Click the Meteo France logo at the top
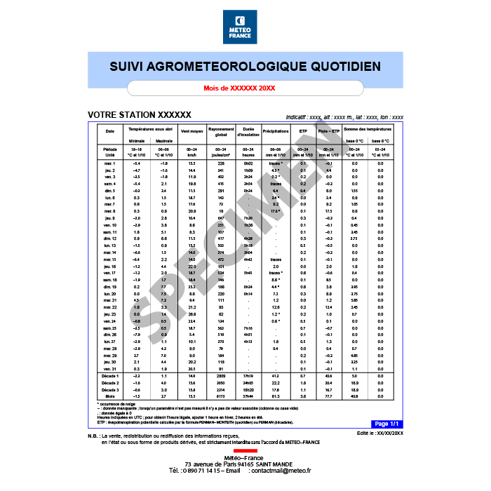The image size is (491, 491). (x=245, y=27)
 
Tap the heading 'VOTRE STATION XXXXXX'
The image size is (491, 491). (x=139, y=114)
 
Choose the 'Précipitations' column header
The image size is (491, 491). (x=276, y=131)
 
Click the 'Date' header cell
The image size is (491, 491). (x=109, y=131)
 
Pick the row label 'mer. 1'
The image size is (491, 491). (x=109, y=163)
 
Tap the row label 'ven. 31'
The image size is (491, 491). (x=109, y=368)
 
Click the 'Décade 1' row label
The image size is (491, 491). (x=109, y=377)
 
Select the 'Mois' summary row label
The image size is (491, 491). (x=109, y=397)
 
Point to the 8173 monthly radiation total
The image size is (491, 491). (x=220, y=397)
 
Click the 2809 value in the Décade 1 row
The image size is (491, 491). (x=220, y=377)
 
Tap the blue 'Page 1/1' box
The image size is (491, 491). (x=386, y=424)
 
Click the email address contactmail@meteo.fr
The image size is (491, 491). (x=281, y=470)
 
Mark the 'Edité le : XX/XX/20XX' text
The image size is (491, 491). (x=379, y=435)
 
